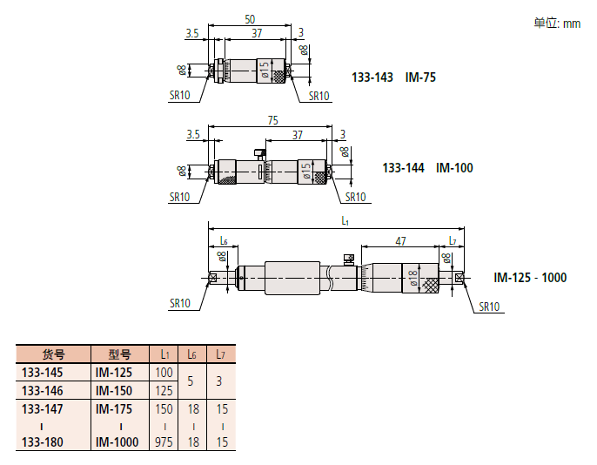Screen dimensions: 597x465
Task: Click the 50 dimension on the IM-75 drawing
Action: [x=250, y=19]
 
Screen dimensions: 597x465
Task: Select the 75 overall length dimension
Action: [x=272, y=120]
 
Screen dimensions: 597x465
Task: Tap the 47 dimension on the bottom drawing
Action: [x=400, y=241]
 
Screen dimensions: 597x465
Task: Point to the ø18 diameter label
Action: [x=413, y=278]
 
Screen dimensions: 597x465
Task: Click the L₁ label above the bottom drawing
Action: [x=345, y=220]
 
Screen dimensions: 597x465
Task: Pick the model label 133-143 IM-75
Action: [x=393, y=77]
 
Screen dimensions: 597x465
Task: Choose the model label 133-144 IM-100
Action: [x=427, y=168]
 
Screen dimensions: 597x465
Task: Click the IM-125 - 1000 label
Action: [x=530, y=277]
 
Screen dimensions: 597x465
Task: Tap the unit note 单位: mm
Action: [x=557, y=24]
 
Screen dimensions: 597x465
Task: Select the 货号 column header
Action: [x=53, y=354]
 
